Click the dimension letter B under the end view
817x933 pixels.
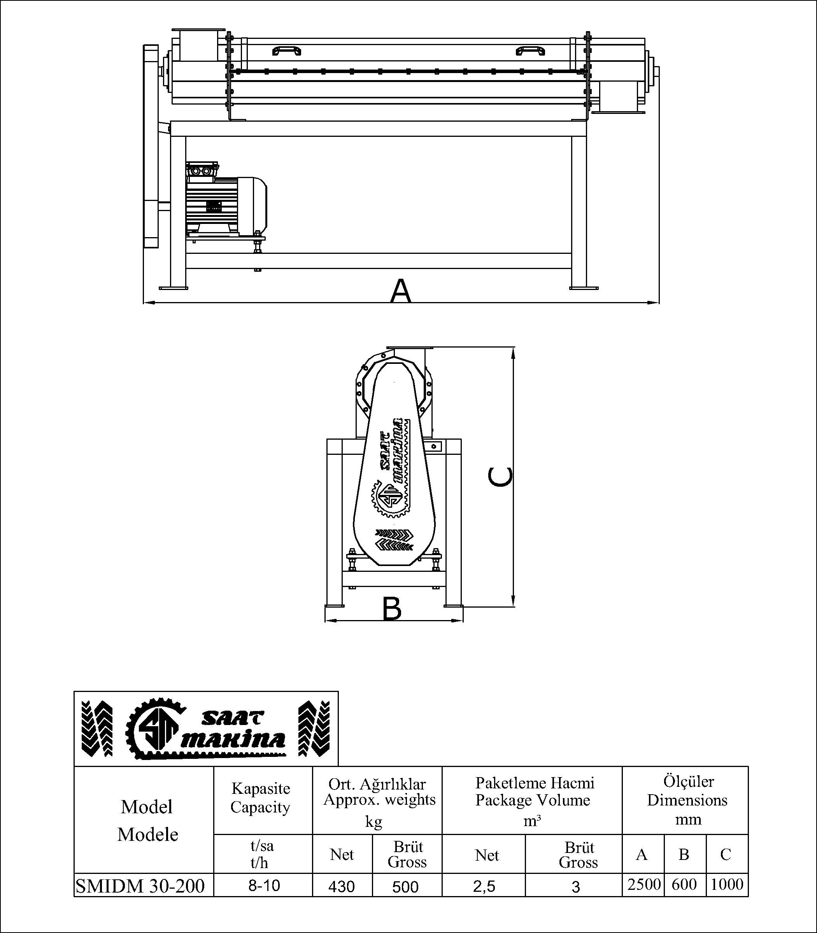point(392,609)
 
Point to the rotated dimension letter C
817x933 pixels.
point(500,477)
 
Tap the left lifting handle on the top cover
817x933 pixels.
point(286,50)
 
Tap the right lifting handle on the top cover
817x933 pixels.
point(530,50)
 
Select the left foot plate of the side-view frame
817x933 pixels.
point(173,287)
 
